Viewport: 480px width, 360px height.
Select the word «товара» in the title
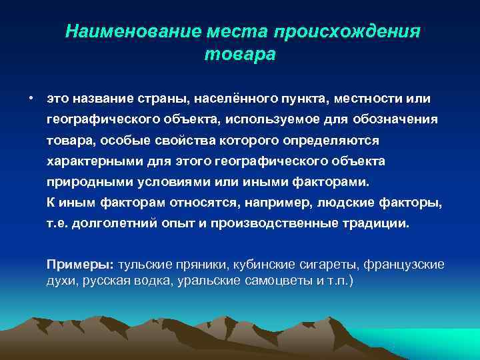click(x=239, y=55)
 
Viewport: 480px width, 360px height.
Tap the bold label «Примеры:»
click(x=81, y=264)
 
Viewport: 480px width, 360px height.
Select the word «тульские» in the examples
click(x=144, y=264)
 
